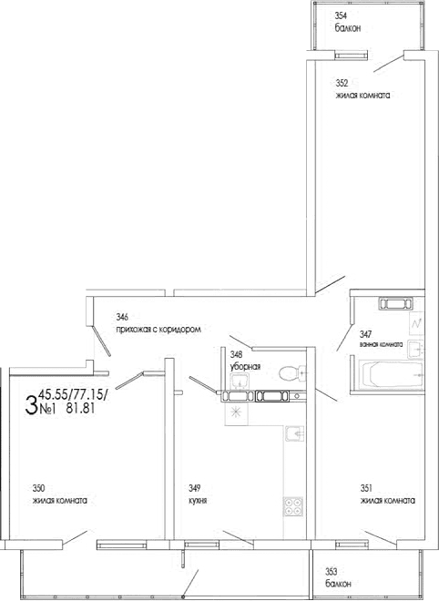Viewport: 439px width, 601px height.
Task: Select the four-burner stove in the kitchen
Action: click(x=293, y=504)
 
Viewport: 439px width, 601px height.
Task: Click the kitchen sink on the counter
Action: click(x=293, y=435)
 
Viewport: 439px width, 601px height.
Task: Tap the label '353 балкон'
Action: click(x=339, y=576)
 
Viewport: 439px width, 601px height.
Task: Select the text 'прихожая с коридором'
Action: click(x=157, y=328)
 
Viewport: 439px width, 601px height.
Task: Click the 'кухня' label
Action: click(x=188, y=500)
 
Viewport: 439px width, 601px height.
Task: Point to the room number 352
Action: click(x=342, y=83)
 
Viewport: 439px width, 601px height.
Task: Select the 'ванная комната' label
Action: click(x=380, y=344)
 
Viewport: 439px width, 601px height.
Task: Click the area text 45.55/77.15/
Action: click(x=73, y=393)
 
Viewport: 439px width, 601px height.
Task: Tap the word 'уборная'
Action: click(x=246, y=366)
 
